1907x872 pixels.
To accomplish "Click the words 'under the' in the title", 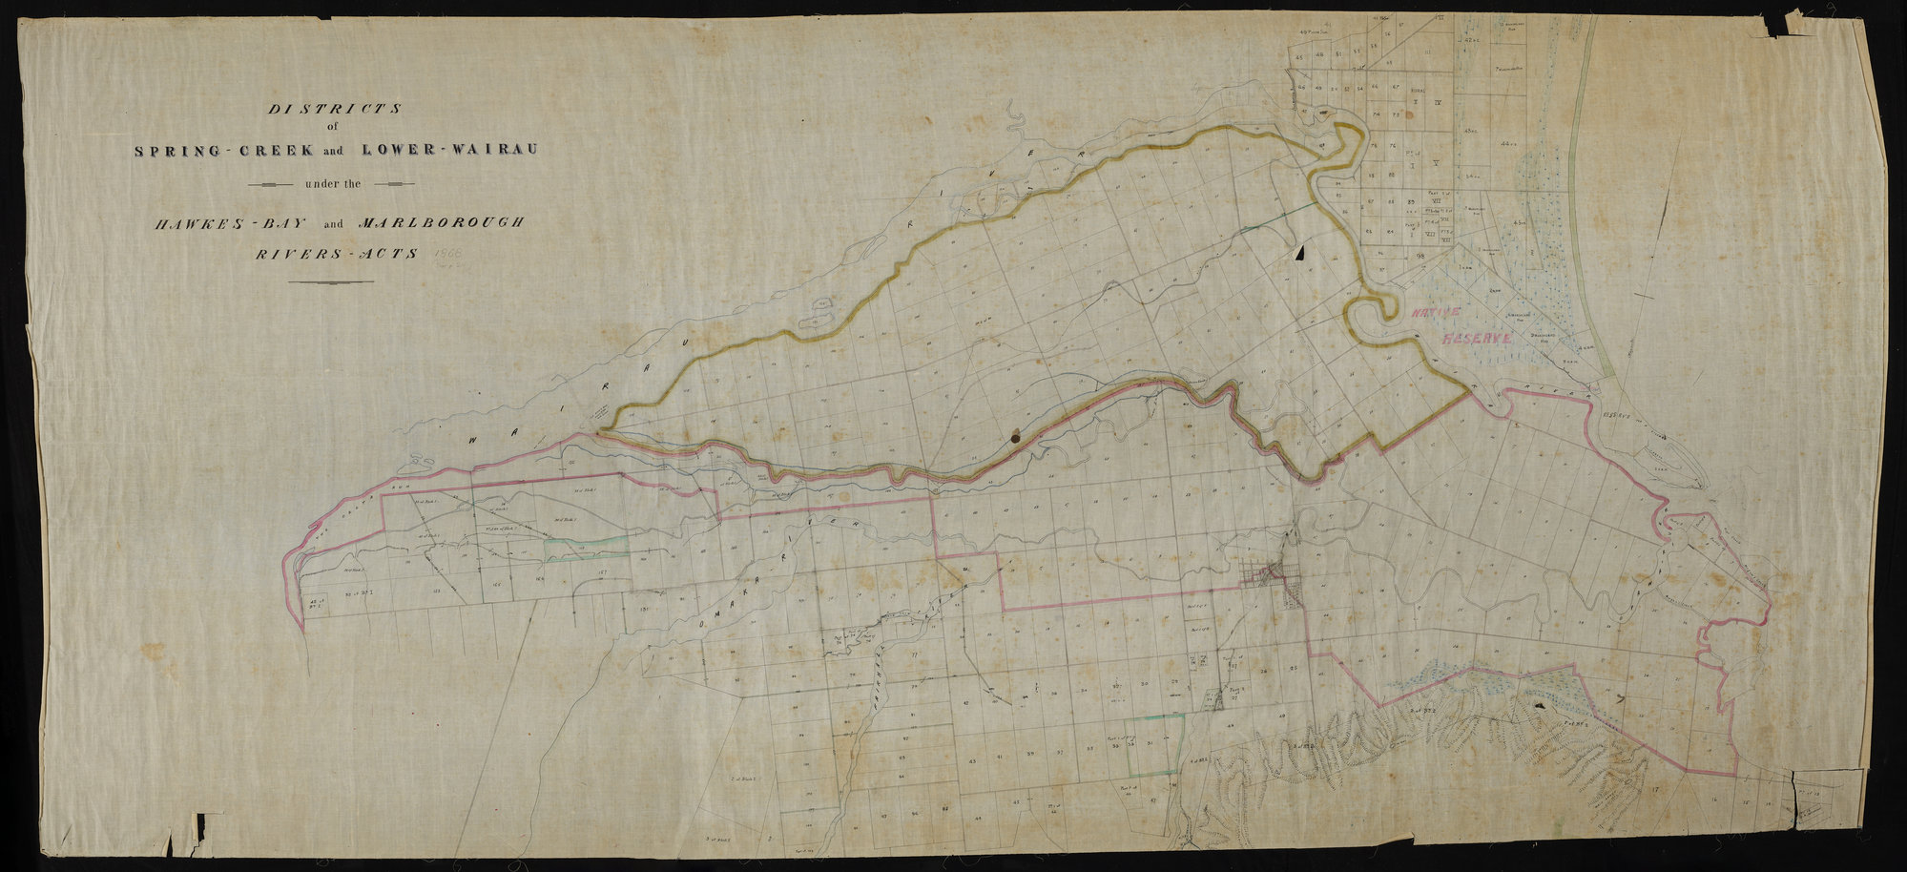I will pyautogui.click(x=332, y=183).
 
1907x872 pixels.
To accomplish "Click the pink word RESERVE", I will pyautogui.click(x=1478, y=340).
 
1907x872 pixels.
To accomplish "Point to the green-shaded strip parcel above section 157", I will pyautogui.click(x=587, y=547).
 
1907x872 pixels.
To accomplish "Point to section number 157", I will pyautogui.click(x=602, y=573).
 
